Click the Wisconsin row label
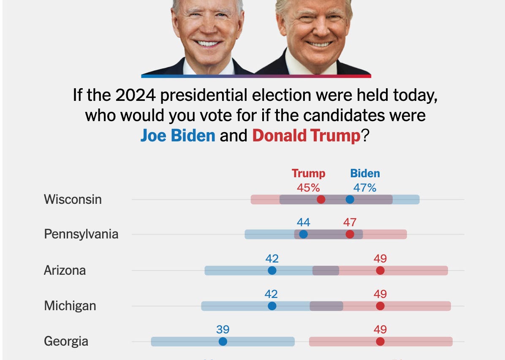73,199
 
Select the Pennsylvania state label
81,234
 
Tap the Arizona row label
65,270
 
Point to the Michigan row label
70,306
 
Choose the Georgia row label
66,341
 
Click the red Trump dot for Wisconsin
321,200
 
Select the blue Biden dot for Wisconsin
350,200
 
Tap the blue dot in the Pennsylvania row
303,234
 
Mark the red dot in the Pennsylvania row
350,234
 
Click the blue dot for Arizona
272,271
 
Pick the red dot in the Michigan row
380,306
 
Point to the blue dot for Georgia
223,341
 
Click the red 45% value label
308,188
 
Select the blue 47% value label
364,188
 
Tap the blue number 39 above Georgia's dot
223,330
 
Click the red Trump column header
309,173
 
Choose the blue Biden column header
365,173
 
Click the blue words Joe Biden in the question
178,135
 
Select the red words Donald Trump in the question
306,135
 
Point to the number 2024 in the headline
135,95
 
